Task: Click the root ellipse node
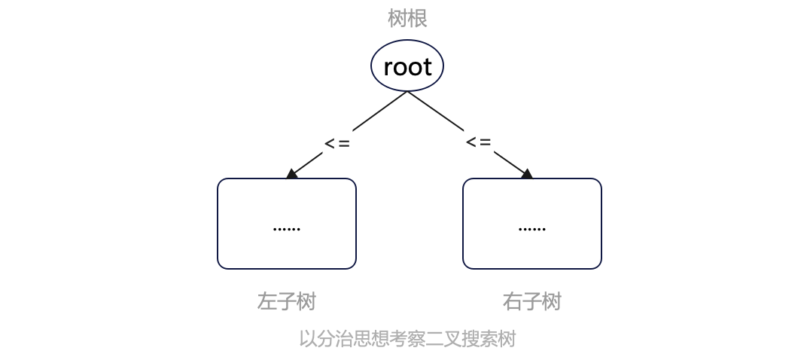click(407, 66)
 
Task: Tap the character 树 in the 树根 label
click(397, 19)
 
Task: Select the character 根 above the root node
click(417, 19)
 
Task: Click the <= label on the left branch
click(337, 144)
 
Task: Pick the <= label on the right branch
click(479, 142)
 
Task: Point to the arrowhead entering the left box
click(292, 173)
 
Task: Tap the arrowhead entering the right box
click(526, 173)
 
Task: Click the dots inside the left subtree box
click(287, 229)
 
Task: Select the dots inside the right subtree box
click(532, 229)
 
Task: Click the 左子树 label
click(287, 302)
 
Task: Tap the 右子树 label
click(532, 302)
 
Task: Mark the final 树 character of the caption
click(507, 340)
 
